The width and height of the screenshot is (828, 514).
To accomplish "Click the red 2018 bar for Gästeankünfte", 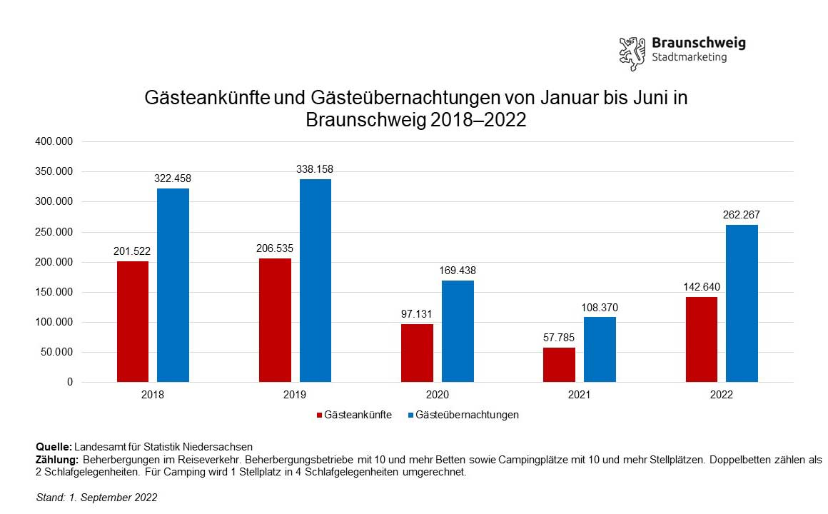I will tap(133, 321).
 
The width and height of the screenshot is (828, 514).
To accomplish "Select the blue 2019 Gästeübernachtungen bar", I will tap(315, 281).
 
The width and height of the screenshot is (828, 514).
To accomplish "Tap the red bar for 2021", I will tap(559, 365).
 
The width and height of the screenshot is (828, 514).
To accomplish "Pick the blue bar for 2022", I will tap(742, 303).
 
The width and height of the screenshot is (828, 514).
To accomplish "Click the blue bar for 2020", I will tap(458, 331).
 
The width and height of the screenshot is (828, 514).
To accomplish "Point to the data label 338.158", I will tap(315, 169).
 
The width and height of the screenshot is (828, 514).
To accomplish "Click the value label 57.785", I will tap(559, 338).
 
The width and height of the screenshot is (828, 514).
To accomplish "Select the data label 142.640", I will tap(702, 287).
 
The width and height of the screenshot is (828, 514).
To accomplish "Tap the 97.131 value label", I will tap(417, 314).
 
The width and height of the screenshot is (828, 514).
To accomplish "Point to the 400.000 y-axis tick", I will tap(54, 142).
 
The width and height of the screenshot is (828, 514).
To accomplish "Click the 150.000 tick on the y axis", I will tap(54, 292).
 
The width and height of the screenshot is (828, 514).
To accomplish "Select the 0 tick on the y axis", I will tap(69, 383).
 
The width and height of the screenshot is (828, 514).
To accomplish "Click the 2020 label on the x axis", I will tap(437, 395).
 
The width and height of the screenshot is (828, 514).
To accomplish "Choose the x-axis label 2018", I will tap(153, 395).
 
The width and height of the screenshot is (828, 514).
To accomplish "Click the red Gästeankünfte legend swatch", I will tap(318, 415).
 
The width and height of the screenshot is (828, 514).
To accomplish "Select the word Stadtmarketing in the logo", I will tap(690, 57).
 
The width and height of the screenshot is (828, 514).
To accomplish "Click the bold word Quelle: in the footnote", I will tap(54, 447).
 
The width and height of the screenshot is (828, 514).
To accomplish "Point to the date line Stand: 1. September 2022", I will tap(96, 498).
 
